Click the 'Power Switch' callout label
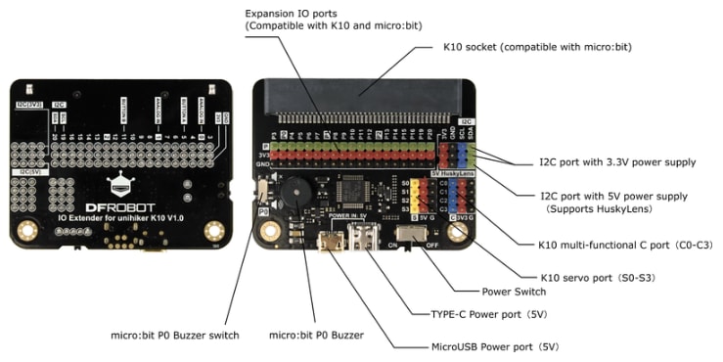pyautogui.click(x=515, y=291)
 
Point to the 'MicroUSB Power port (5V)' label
pyautogui.click(x=496, y=345)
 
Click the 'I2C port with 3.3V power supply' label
pyautogui.click(x=604, y=160)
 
